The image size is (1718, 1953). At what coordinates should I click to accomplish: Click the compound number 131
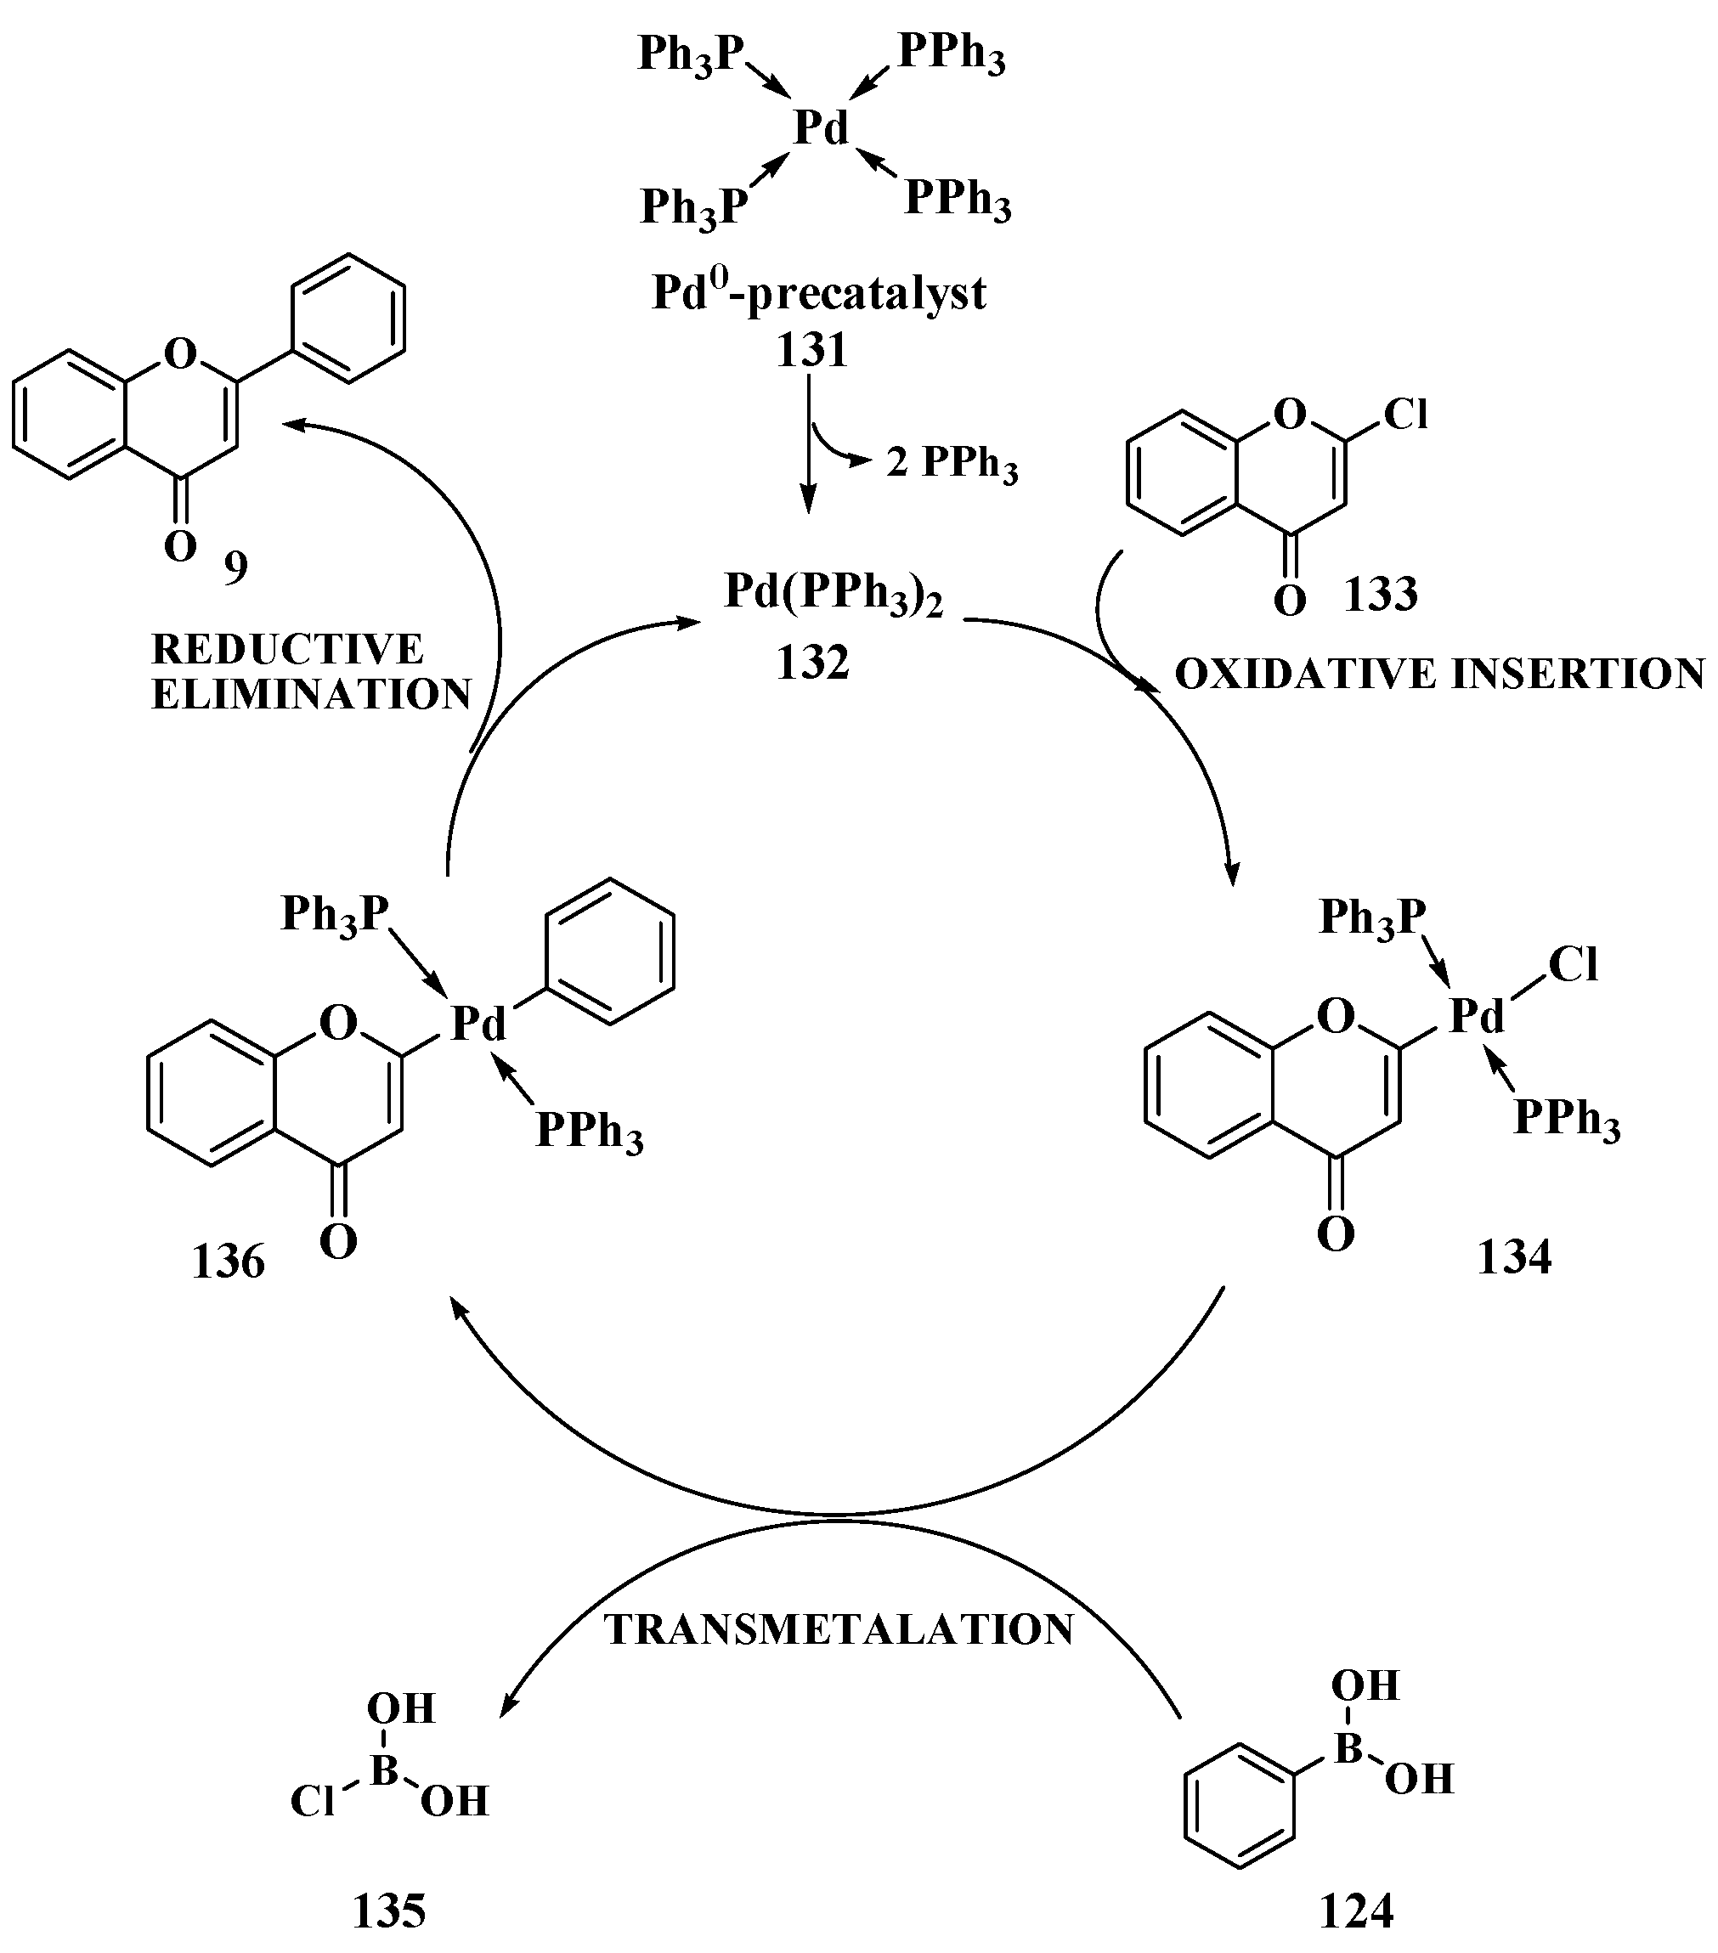click(x=811, y=351)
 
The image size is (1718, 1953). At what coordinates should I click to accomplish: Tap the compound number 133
click(x=1381, y=595)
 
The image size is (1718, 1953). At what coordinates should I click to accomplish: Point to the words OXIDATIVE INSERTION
click(x=1439, y=675)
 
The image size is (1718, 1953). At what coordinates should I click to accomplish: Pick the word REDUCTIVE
click(x=286, y=650)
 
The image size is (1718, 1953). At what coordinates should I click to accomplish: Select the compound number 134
click(x=1514, y=1256)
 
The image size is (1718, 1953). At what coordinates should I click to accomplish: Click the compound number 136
click(x=229, y=1262)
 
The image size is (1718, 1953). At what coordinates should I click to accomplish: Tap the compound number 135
click(x=389, y=1911)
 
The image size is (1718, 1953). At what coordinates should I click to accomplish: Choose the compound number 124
click(x=1357, y=1911)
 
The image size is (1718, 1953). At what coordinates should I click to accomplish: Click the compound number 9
click(x=235, y=569)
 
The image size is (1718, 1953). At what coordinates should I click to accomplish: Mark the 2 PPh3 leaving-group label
click(x=952, y=465)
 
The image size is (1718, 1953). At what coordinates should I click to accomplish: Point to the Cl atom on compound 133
click(x=1404, y=415)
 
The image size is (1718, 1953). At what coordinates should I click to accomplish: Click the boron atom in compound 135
click(x=384, y=1770)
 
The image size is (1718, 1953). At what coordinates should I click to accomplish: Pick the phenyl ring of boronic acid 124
click(x=1240, y=1817)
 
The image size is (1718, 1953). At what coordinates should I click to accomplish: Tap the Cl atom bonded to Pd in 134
click(x=1573, y=965)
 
